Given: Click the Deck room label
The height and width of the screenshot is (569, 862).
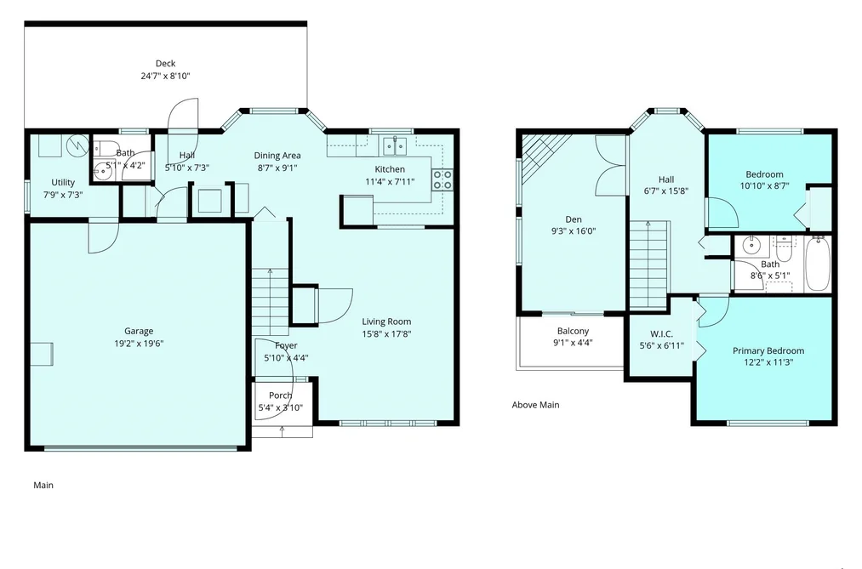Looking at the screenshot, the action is click(x=165, y=64).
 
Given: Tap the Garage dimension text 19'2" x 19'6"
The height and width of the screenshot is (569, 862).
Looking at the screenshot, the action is click(x=139, y=344).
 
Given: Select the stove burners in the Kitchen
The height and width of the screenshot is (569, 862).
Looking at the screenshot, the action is click(x=442, y=179).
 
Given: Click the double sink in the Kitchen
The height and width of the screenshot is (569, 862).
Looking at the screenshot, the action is click(x=396, y=145).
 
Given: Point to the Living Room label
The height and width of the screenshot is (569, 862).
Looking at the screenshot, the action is click(x=386, y=321).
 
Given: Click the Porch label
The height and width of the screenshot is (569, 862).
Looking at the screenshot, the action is click(x=280, y=395).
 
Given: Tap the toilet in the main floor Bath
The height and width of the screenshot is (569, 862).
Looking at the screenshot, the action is click(x=99, y=148).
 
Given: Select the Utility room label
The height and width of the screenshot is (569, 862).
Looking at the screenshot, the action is click(x=63, y=182).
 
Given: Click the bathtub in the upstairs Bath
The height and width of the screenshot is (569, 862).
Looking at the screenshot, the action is click(x=817, y=263).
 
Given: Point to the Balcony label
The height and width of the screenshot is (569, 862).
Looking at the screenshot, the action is click(x=573, y=331).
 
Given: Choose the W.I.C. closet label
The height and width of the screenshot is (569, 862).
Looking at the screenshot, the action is click(x=661, y=334).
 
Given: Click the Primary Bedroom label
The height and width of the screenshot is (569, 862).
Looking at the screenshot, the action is click(x=768, y=351).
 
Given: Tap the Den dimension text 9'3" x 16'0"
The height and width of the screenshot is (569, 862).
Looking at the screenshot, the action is click(x=574, y=231).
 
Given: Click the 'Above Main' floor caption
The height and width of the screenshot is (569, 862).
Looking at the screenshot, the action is click(x=535, y=405).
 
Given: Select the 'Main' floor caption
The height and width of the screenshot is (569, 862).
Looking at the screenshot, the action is click(x=43, y=485).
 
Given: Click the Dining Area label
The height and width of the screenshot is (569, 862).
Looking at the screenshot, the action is click(x=277, y=156).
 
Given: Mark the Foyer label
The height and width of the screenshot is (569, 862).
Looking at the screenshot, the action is click(x=286, y=345).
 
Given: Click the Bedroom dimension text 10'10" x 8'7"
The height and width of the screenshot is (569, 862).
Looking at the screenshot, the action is click(x=764, y=186).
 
